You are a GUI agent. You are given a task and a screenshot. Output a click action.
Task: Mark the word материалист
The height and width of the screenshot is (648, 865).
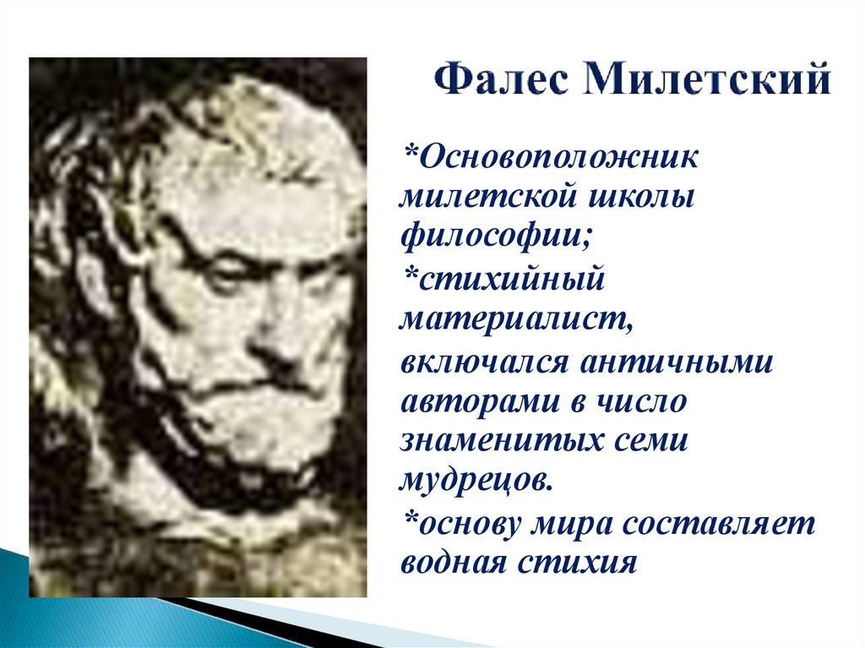[x=517, y=320]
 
